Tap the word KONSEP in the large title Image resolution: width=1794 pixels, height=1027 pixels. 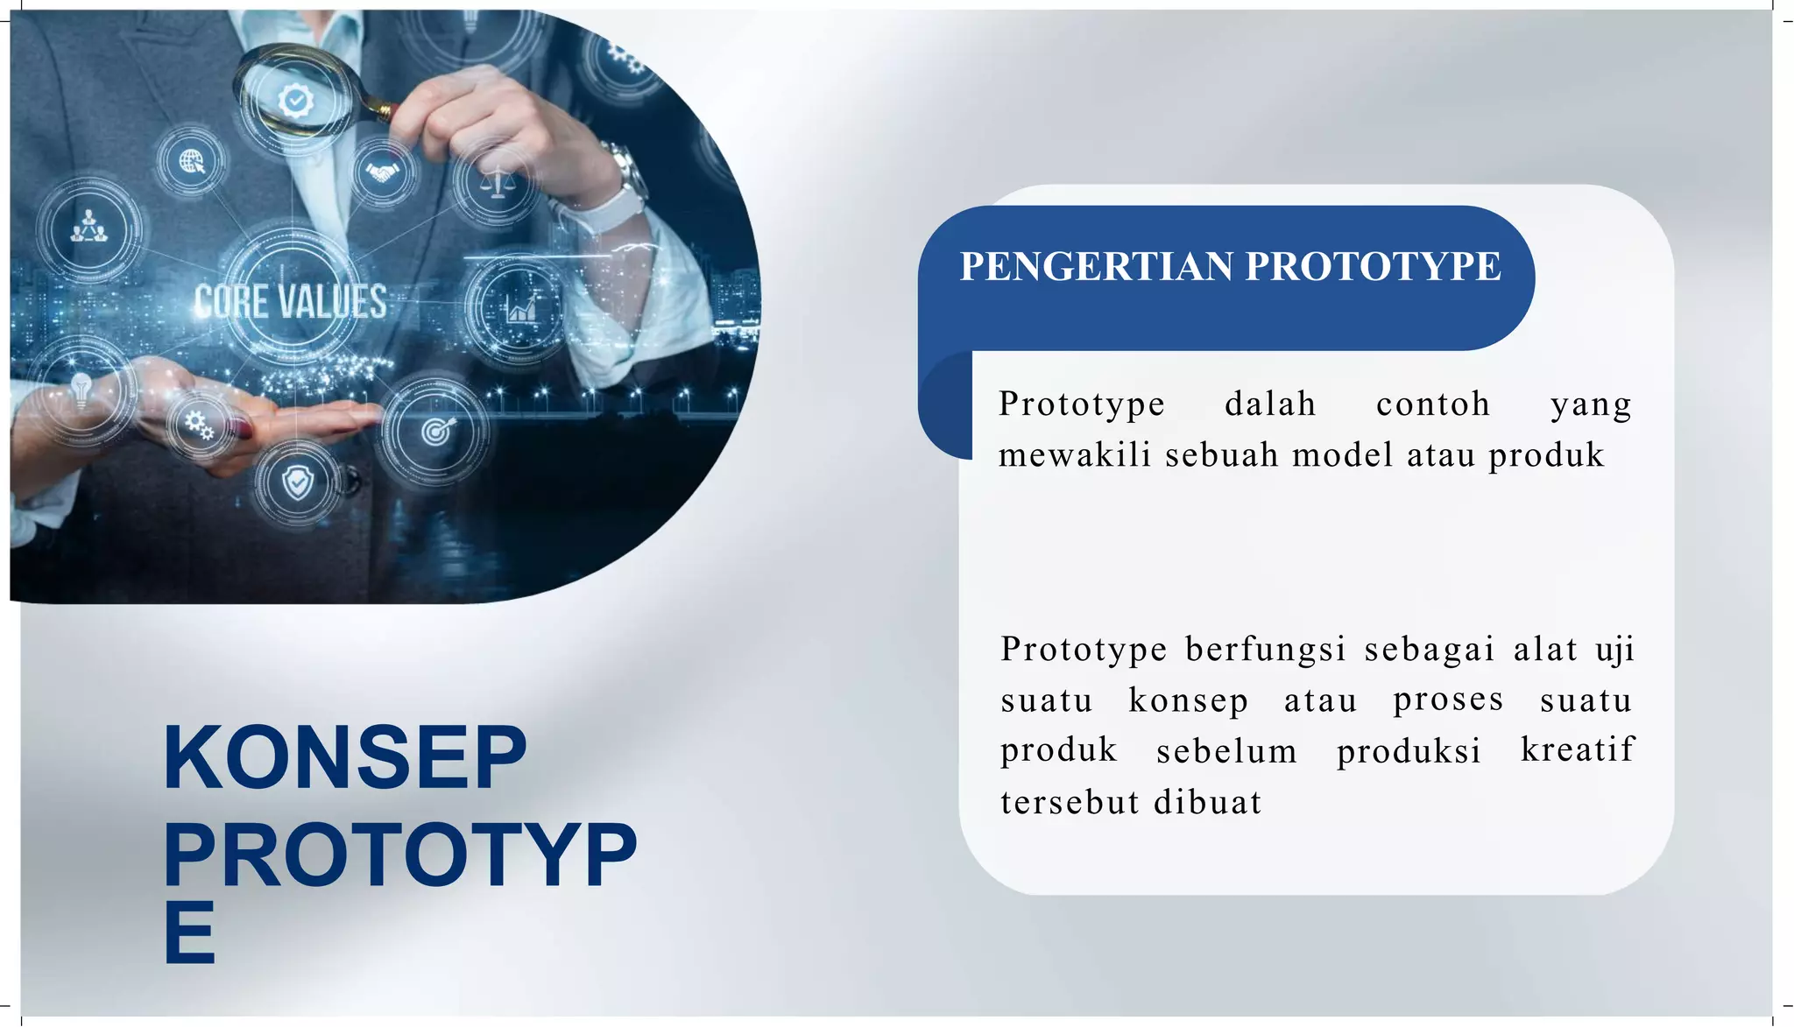[x=344, y=758]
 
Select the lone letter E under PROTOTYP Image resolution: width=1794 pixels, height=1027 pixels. [x=189, y=933]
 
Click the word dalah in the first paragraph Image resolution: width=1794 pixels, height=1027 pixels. [x=1270, y=404]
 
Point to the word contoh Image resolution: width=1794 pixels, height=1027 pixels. [x=1433, y=404]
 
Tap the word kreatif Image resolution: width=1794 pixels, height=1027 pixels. [x=1577, y=749]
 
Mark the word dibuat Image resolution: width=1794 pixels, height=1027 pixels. [x=1208, y=802]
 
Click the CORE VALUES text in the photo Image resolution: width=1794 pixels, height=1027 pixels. [x=290, y=302]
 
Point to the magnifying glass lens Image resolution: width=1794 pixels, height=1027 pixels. [x=295, y=96]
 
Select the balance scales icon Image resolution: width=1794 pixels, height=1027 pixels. [x=497, y=185]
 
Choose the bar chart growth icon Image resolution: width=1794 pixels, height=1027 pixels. [x=520, y=306]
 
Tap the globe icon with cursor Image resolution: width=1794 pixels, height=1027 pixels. [x=192, y=161]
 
